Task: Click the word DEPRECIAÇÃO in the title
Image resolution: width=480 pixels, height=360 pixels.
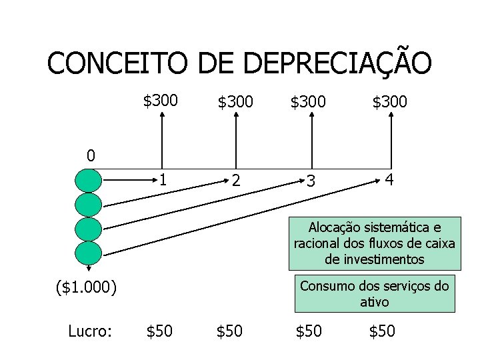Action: coord(338,64)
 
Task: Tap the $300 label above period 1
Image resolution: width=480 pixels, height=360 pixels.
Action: coord(161,101)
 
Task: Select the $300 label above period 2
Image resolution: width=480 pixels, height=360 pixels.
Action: coord(235,102)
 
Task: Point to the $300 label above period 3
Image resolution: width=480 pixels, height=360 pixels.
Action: coord(307,102)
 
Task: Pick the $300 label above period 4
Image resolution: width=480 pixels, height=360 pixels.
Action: coord(390,102)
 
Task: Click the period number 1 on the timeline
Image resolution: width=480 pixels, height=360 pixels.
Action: coord(162,180)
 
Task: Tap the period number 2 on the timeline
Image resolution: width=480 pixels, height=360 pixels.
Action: coord(235,181)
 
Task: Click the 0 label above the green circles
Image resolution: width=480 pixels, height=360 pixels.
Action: coord(91,157)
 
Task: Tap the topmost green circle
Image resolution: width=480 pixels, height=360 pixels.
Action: coord(89,181)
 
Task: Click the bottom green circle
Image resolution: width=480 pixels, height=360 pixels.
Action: coord(89,253)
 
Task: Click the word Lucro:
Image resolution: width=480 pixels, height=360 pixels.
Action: coord(89,331)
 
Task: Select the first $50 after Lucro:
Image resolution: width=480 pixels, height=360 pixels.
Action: coord(159,331)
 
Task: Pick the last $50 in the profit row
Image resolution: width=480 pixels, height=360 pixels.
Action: coord(382,331)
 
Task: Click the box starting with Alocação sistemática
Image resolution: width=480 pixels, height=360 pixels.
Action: coord(373,243)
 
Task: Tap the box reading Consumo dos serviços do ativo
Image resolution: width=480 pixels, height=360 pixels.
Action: coord(373,293)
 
